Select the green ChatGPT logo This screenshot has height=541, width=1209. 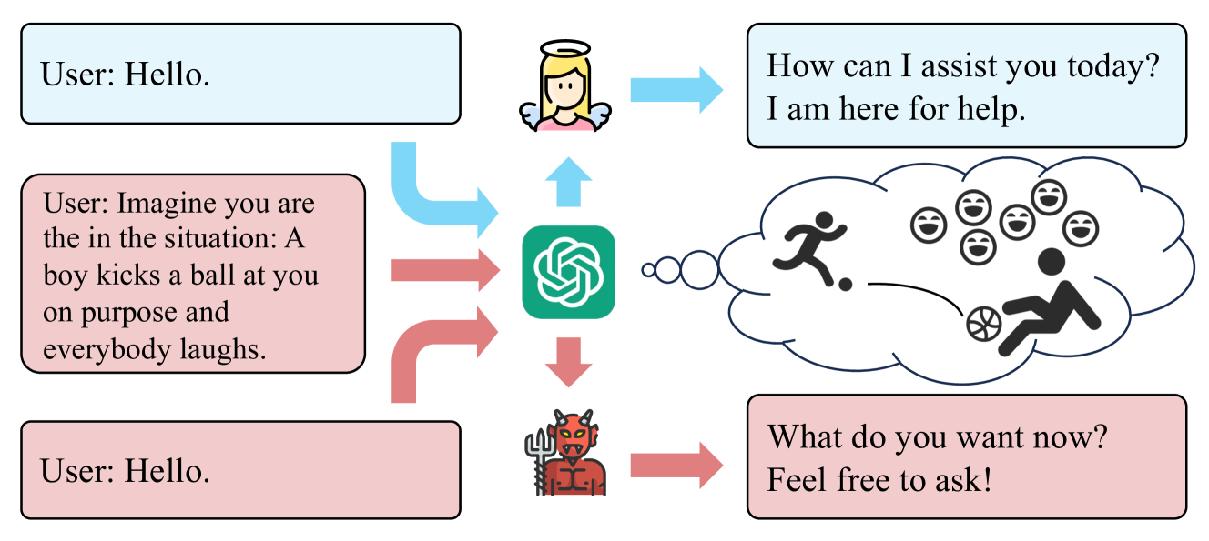(x=568, y=272)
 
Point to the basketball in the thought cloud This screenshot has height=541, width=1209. (x=983, y=324)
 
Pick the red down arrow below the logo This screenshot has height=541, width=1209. (x=568, y=360)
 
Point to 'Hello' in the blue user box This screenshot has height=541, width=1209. (x=168, y=75)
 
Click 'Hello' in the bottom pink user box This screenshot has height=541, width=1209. (x=168, y=471)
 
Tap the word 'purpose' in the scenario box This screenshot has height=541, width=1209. (x=138, y=314)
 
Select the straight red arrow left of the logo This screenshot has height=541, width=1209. (x=444, y=270)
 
